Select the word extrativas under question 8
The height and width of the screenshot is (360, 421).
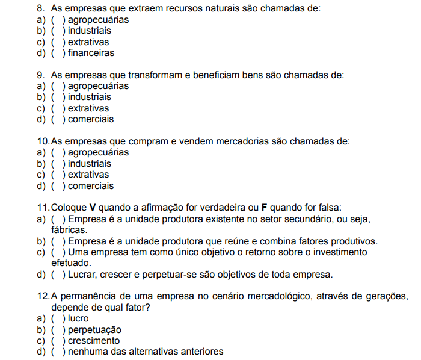pyautogui.click(x=88, y=42)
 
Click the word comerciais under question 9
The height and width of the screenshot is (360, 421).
pyautogui.click(x=91, y=119)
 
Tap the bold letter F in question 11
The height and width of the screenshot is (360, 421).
pyautogui.click(x=263, y=208)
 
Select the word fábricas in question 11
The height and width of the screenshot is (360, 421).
pyautogui.click(x=70, y=229)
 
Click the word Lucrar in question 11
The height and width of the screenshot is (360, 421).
pyautogui.click(x=84, y=275)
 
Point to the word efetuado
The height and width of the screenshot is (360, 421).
pyautogui.click(x=72, y=263)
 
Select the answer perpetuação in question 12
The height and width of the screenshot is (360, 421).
pyautogui.click(x=94, y=330)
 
